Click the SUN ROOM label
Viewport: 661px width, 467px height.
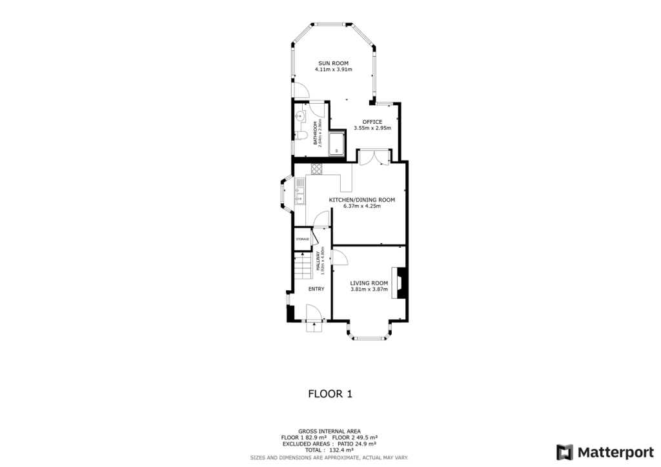click(x=332, y=63)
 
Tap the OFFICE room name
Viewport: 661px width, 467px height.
click(x=372, y=121)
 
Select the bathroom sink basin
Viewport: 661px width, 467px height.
click(x=300, y=117)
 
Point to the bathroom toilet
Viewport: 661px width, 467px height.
click(x=301, y=135)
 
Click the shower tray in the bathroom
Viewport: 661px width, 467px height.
click(x=338, y=144)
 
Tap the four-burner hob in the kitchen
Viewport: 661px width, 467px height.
click(x=317, y=170)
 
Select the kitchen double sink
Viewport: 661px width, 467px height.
click(x=300, y=192)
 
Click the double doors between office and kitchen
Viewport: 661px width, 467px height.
click(x=374, y=157)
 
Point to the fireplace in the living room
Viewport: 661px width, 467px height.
click(x=402, y=284)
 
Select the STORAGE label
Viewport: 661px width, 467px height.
click(x=302, y=239)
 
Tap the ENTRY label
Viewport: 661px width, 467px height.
click(x=316, y=289)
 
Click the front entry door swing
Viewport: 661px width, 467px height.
click(x=316, y=313)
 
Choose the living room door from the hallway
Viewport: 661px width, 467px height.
click(x=340, y=257)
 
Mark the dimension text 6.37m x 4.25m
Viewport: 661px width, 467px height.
click(x=361, y=206)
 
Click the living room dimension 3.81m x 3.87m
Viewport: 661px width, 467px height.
click(x=369, y=290)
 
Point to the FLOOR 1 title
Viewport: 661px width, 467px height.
click(x=330, y=393)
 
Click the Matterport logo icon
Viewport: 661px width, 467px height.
click(x=565, y=452)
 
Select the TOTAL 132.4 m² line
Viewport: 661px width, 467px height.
click(x=329, y=450)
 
